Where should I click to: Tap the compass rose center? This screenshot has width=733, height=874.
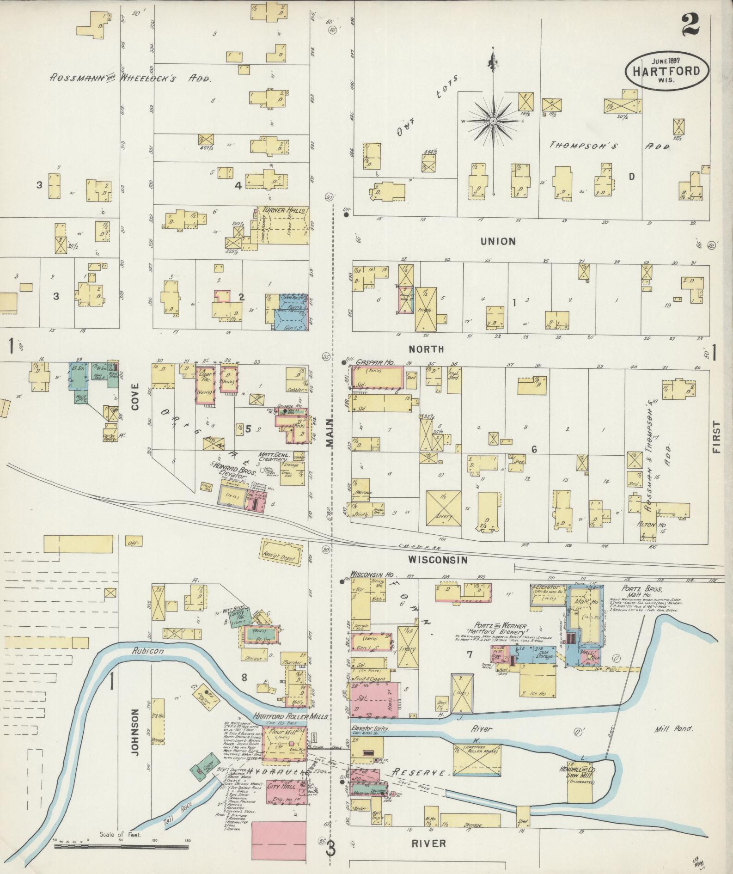coord(493,121)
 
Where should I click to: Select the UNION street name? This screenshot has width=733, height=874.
coord(498,241)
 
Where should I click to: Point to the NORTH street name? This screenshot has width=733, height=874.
coord(429,349)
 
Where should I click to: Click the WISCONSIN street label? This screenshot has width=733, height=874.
coord(438,560)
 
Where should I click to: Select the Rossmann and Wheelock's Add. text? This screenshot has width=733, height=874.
coord(130,78)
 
